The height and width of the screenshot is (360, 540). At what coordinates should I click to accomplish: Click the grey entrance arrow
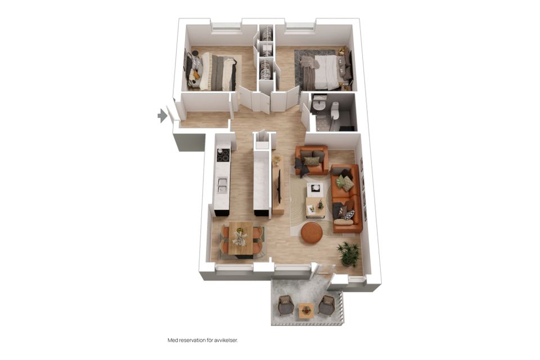tap(163, 116)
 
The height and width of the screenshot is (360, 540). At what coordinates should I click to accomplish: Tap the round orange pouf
tap(312, 232)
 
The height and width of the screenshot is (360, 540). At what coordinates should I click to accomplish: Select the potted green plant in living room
tap(349, 254)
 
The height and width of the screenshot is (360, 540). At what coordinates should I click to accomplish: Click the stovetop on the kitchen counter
tap(223, 155)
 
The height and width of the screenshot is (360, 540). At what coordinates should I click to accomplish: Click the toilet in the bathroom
tap(335, 111)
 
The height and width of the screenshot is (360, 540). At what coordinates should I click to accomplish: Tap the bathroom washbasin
tap(319, 104)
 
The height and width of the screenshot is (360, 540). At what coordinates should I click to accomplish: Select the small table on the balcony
tap(306, 309)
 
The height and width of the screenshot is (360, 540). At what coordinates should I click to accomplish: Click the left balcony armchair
tap(286, 305)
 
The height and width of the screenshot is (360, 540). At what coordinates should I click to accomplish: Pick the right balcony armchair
tap(326, 305)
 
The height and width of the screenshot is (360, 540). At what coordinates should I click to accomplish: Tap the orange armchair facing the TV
tap(312, 160)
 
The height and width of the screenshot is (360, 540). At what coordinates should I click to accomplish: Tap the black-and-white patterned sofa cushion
tap(348, 214)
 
